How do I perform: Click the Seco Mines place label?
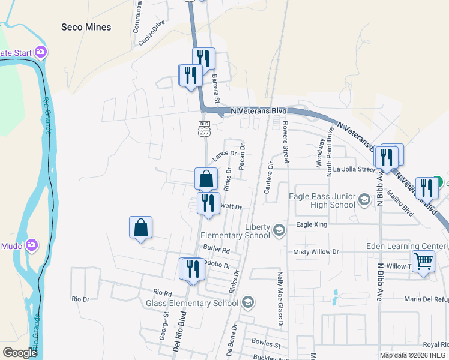(x=86, y=27)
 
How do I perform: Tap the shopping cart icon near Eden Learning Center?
(x=424, y=262)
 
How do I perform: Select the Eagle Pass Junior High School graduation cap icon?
(x=364, y=199)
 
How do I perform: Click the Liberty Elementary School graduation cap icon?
(x=279, y=230)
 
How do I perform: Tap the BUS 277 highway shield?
(x=203, y=127)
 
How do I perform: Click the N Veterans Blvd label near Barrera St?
(x=259, y=111)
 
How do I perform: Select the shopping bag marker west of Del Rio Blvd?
(x=140, y=228)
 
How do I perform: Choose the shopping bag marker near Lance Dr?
(x=206, y=179)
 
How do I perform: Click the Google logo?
(x=20, y=353)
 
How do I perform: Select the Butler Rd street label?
(x=217, y=249)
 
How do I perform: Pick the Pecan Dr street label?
(x=242, y=155)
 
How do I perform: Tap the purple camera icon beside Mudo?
(x=31, y=245)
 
